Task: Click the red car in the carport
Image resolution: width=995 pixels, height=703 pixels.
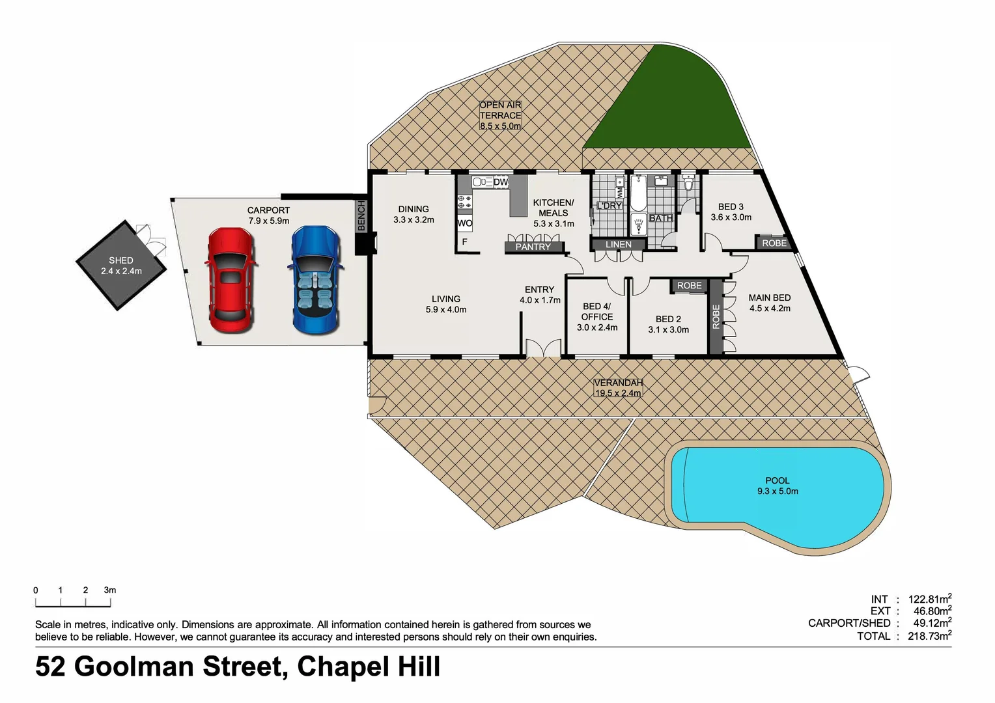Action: coord(230,280)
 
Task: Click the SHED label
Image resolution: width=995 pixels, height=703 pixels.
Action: coord(121,260)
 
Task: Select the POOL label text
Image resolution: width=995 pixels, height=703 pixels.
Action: coord(778,480)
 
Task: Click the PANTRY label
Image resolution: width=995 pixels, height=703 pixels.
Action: coord(533,247)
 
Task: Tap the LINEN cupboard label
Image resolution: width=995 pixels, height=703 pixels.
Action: coord(619,245)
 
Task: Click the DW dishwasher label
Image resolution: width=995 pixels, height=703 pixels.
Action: coord(501,182)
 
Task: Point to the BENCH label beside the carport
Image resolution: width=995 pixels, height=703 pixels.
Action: coord(362,215)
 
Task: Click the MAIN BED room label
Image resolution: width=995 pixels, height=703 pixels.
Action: coord(770,297)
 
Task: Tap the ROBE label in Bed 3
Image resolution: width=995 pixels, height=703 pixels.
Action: coord(774,243)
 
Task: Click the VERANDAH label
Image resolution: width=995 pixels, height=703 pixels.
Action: coord(618,383)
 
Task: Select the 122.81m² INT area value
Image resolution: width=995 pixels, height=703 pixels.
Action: coord(930,599)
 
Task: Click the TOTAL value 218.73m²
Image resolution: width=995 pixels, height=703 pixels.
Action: coord(930,636)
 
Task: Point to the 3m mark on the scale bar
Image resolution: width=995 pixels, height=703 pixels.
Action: coord(110,590)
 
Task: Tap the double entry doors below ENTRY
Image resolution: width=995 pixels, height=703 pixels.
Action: coord(544,348)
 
